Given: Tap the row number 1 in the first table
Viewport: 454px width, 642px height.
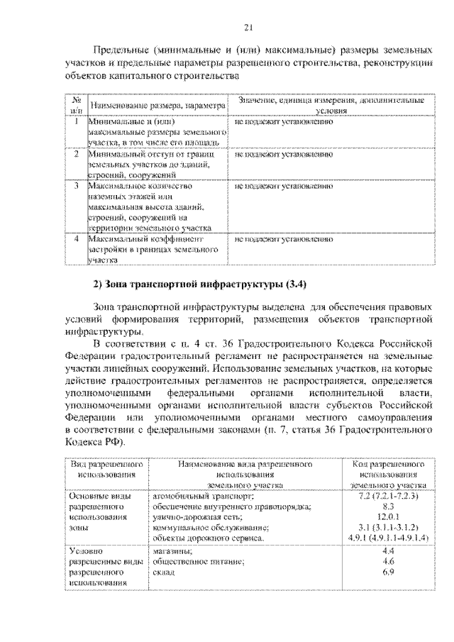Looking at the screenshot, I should pos(76,121).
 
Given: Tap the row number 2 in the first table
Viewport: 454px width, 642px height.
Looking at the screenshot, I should pos(76,153).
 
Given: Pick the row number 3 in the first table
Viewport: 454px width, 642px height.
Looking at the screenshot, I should pos(76,185).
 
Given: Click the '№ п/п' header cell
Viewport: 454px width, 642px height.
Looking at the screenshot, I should pos(76,106).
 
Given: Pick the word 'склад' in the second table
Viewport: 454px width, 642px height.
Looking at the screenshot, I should pos(164,572).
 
